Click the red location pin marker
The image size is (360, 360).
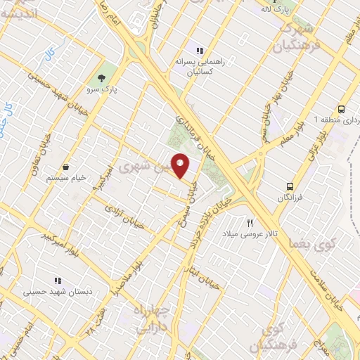coord(181,166)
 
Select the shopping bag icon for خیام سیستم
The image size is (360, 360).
coord(66,167)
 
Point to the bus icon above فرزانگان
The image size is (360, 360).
coord(290,186)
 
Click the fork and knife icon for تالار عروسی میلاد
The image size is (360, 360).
coord(250,223)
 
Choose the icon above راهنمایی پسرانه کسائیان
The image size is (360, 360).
coord(200,51)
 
